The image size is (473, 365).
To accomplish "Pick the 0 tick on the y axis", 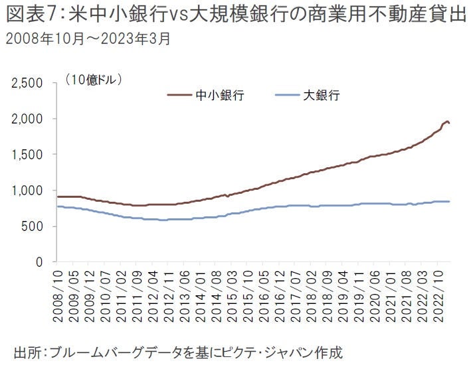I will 40,262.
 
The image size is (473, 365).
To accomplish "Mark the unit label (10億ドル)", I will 94,79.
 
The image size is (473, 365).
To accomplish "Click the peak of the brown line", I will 447,121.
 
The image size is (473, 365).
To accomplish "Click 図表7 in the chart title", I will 27,15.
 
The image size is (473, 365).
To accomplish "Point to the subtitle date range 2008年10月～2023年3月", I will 87,38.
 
